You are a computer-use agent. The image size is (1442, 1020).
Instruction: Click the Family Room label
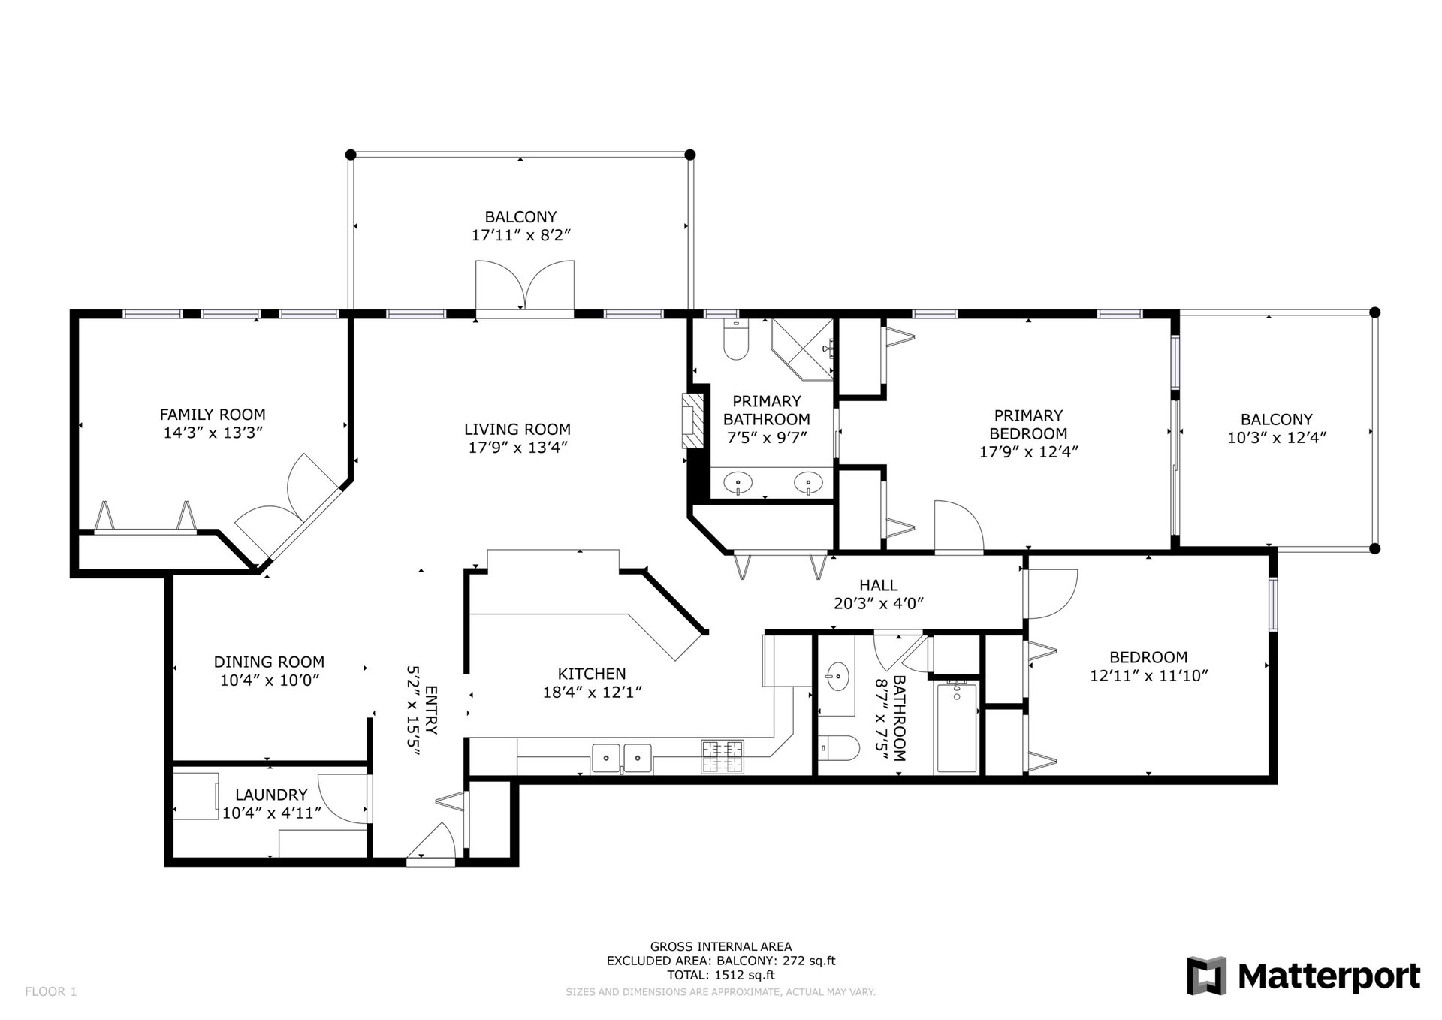[x=213, y=414]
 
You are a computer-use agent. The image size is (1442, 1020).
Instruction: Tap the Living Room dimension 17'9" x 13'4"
[x=517, y=448]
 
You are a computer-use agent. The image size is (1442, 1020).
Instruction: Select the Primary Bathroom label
[x=766, y=410]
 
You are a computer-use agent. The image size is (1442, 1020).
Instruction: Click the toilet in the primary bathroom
[x=735, y=341]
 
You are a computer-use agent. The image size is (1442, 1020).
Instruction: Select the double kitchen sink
[x=622, y=758]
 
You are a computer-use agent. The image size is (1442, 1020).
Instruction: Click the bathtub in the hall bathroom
[x=956, y=728]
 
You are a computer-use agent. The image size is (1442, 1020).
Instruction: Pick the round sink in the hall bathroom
[x=837, y=678]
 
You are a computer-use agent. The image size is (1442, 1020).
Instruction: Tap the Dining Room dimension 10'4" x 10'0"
[x=270, y=681]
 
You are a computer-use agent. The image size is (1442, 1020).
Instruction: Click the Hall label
[x=879, y=585]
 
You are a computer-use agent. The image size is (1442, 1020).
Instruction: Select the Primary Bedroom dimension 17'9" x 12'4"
[x=1028, y=451]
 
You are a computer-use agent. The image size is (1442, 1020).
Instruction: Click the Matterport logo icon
[x=1206, y=976]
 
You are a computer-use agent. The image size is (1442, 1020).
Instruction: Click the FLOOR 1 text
[x=51, y=991]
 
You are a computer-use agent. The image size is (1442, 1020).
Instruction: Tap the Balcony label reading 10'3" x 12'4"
[x=1277, y=438]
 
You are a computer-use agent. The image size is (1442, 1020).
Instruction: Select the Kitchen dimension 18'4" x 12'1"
[x=592, y=692]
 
